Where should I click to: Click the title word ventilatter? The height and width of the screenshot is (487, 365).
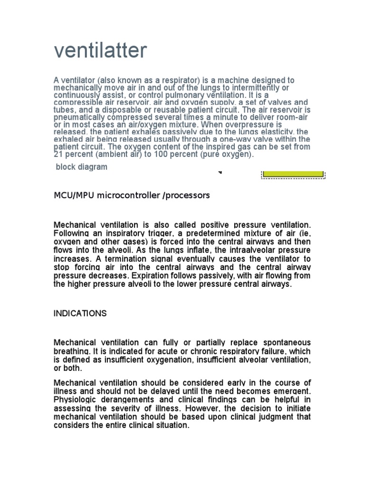(x=100, y=51)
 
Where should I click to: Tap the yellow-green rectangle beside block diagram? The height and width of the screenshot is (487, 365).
(x=293, y=174)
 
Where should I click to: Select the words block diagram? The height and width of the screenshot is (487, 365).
(x=82, y=167)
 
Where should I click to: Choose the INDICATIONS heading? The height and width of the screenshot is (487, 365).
(x=80, y=314)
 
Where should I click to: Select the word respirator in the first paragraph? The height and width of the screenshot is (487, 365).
(x=156, y=80)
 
